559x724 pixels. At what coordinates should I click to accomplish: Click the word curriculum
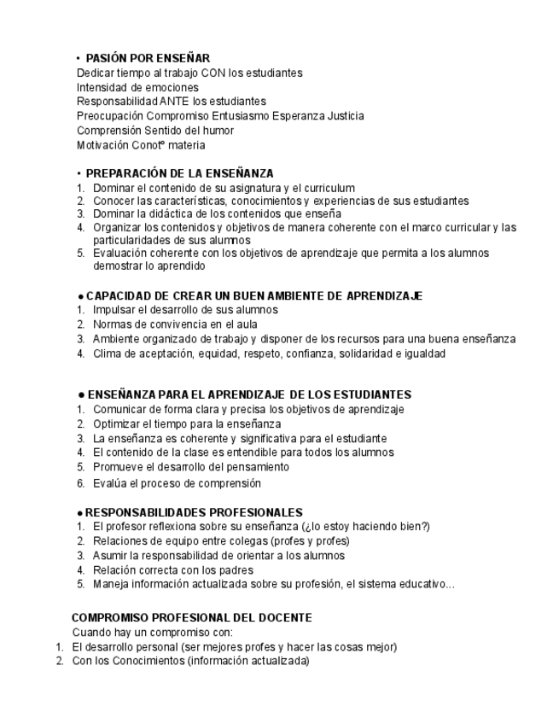327,188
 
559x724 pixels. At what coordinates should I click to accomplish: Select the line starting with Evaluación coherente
290,254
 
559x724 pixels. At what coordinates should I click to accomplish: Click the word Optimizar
119,424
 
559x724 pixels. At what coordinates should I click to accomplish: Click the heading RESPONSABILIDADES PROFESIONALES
194,512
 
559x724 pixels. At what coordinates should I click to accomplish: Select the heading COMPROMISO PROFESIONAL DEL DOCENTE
191,617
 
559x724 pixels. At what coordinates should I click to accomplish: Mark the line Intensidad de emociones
137,87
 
